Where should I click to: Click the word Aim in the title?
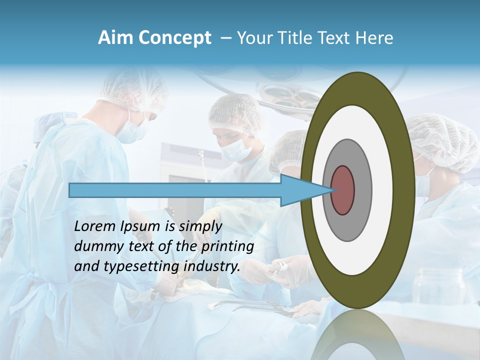click(x=114, y=38)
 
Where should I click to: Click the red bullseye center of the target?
click(x=342, y=190)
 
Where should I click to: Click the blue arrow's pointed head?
click(x=305, y=190)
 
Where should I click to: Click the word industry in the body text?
click(x=212, y=266)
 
